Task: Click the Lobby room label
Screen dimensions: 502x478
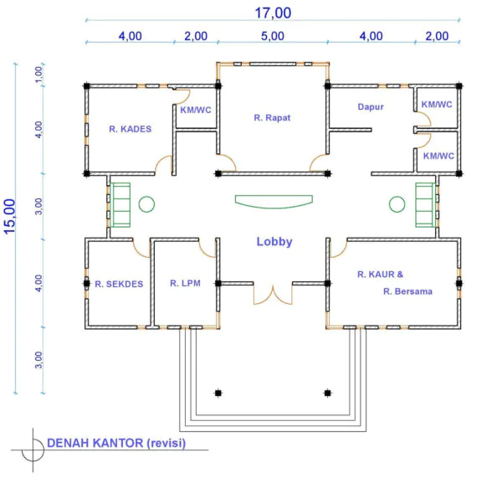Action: [x=274, y=242]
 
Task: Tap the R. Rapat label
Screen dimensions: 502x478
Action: [x=272, y=117]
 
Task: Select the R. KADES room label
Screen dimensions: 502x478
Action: [x=131, y=129]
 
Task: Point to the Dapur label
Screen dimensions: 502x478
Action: [x=371, y=106]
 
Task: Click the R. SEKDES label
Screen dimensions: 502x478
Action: [x=119, y=284]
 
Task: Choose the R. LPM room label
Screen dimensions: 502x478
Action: [x=185, y=283]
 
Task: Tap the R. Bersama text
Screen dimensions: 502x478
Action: [x=408, y=291]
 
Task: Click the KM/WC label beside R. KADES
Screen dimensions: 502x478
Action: [x=196, y=111]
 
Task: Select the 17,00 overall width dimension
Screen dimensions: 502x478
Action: [x=273, y=13]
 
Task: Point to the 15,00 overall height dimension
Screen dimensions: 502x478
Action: [x=10, y=216]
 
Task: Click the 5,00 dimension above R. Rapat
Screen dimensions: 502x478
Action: [x=273, y=36]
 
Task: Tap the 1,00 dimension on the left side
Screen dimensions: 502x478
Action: [x=38, y=75]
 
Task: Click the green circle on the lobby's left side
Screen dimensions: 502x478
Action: [x=146, y=204]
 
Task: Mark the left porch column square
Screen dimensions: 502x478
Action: [x=218, y=393]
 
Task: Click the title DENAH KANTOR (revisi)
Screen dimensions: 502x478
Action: [x=116, y=443]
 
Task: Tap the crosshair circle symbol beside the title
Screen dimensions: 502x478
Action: [x=33, y=450]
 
